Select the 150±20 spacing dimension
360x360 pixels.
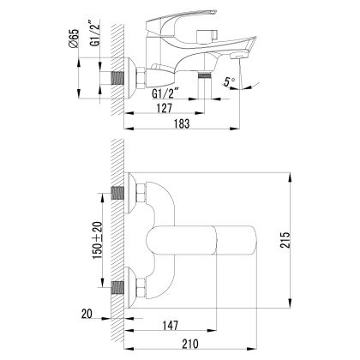point(99,245)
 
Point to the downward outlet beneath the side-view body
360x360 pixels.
point(206,78)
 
